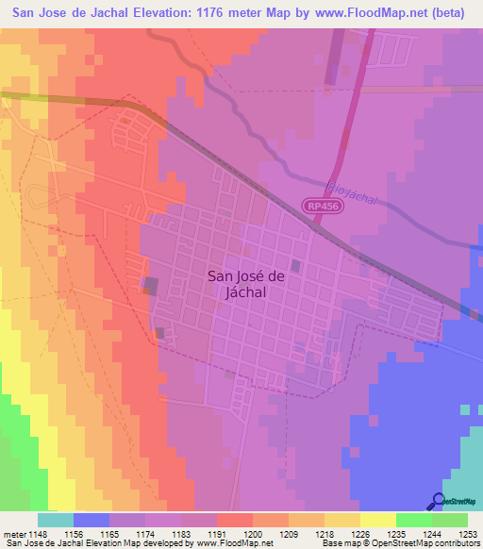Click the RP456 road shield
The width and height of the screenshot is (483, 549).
(x=320, y=205)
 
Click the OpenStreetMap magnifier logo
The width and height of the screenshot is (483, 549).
(x=439, y=501)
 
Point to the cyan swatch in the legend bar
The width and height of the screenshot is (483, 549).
(x=56, y=520)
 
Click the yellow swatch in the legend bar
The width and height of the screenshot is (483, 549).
(x=378, y=520)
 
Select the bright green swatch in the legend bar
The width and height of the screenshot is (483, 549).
(x=414, y=520)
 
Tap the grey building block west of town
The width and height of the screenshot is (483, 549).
(x=150, y=285)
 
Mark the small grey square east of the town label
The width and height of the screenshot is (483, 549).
(x=296, y=267)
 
